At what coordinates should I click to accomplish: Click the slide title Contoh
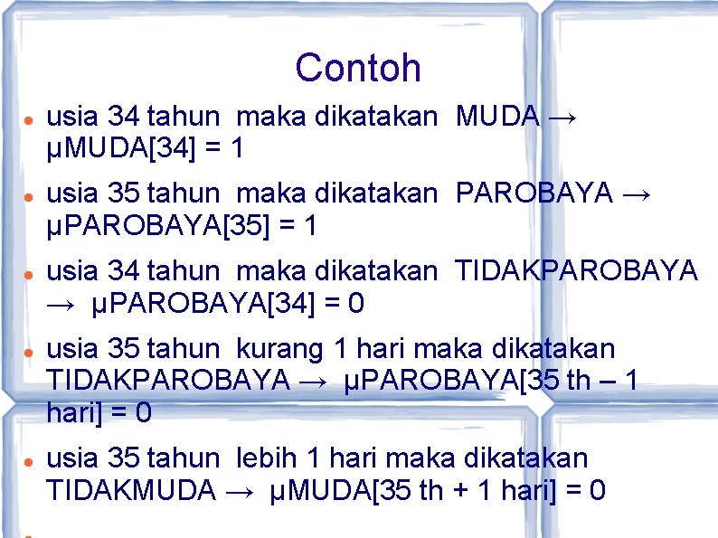[358, 68]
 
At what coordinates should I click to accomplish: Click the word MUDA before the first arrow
[498, 117]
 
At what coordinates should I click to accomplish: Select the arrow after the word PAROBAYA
[638, 194]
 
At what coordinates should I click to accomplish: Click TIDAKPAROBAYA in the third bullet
[576, 271]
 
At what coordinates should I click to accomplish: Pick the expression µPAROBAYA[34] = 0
[229, 304]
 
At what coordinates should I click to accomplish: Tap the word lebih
[270, 459]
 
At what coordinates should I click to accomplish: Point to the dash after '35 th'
[603, 382]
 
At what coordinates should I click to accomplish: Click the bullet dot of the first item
[29, 118]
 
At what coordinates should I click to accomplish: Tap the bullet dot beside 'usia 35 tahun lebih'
[29, 461]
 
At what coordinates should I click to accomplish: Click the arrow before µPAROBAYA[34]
[61, 305]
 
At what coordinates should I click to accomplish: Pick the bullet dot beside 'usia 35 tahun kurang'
[29, 351]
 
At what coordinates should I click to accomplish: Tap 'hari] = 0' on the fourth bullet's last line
[99, 413]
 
